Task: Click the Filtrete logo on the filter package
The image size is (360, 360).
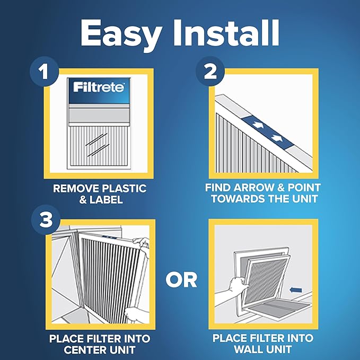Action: point(100,85)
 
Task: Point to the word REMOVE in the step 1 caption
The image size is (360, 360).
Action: point(74,189)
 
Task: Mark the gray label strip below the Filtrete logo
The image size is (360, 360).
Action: point(100,114)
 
